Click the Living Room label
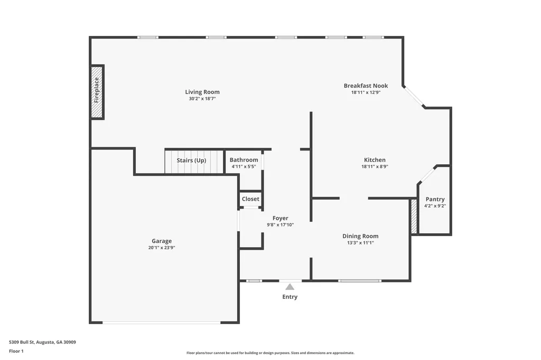click(x=202, y=92)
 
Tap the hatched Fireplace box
click(x=97, y=92)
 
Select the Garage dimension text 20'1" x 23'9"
click(x=162, y=248)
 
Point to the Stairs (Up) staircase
click(x=191, y=161)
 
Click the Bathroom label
click(x=244, y=160)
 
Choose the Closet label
click(x=250, y=199)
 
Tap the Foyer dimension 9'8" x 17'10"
click(x=280, y=225)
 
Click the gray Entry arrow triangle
click(x=290, y=287)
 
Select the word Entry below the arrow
click(x=290, y=297)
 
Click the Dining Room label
click(x=360, y=236)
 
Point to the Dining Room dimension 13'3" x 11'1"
click(x=360, y=243)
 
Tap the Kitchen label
click(x=375, y=160)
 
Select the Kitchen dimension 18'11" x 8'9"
click(x=375, y=167)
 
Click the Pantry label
click(x=435, y=199)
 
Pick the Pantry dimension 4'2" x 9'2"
click(x=435, y=206)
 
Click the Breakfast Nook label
click(x=366, y=86)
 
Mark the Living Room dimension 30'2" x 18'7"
click(x=202, y=99)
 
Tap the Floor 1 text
click(x=16, y=351)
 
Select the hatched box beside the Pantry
click(x=414, y=217)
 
